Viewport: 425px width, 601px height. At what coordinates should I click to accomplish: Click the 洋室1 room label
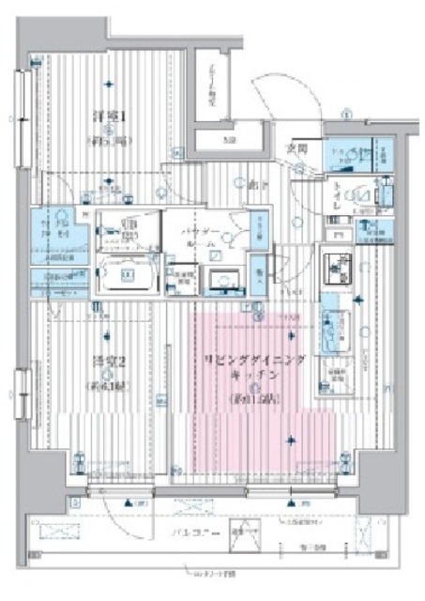pyautogui.click(x=109, y=116)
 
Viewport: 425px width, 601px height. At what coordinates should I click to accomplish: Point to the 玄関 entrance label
pyautogui.click(x=297, y=147)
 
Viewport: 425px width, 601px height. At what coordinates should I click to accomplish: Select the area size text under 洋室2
pyautogui.click(x=107, y=386)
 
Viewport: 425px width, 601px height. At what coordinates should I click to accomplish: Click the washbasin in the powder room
pyautogui.click(x=223, y=279)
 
